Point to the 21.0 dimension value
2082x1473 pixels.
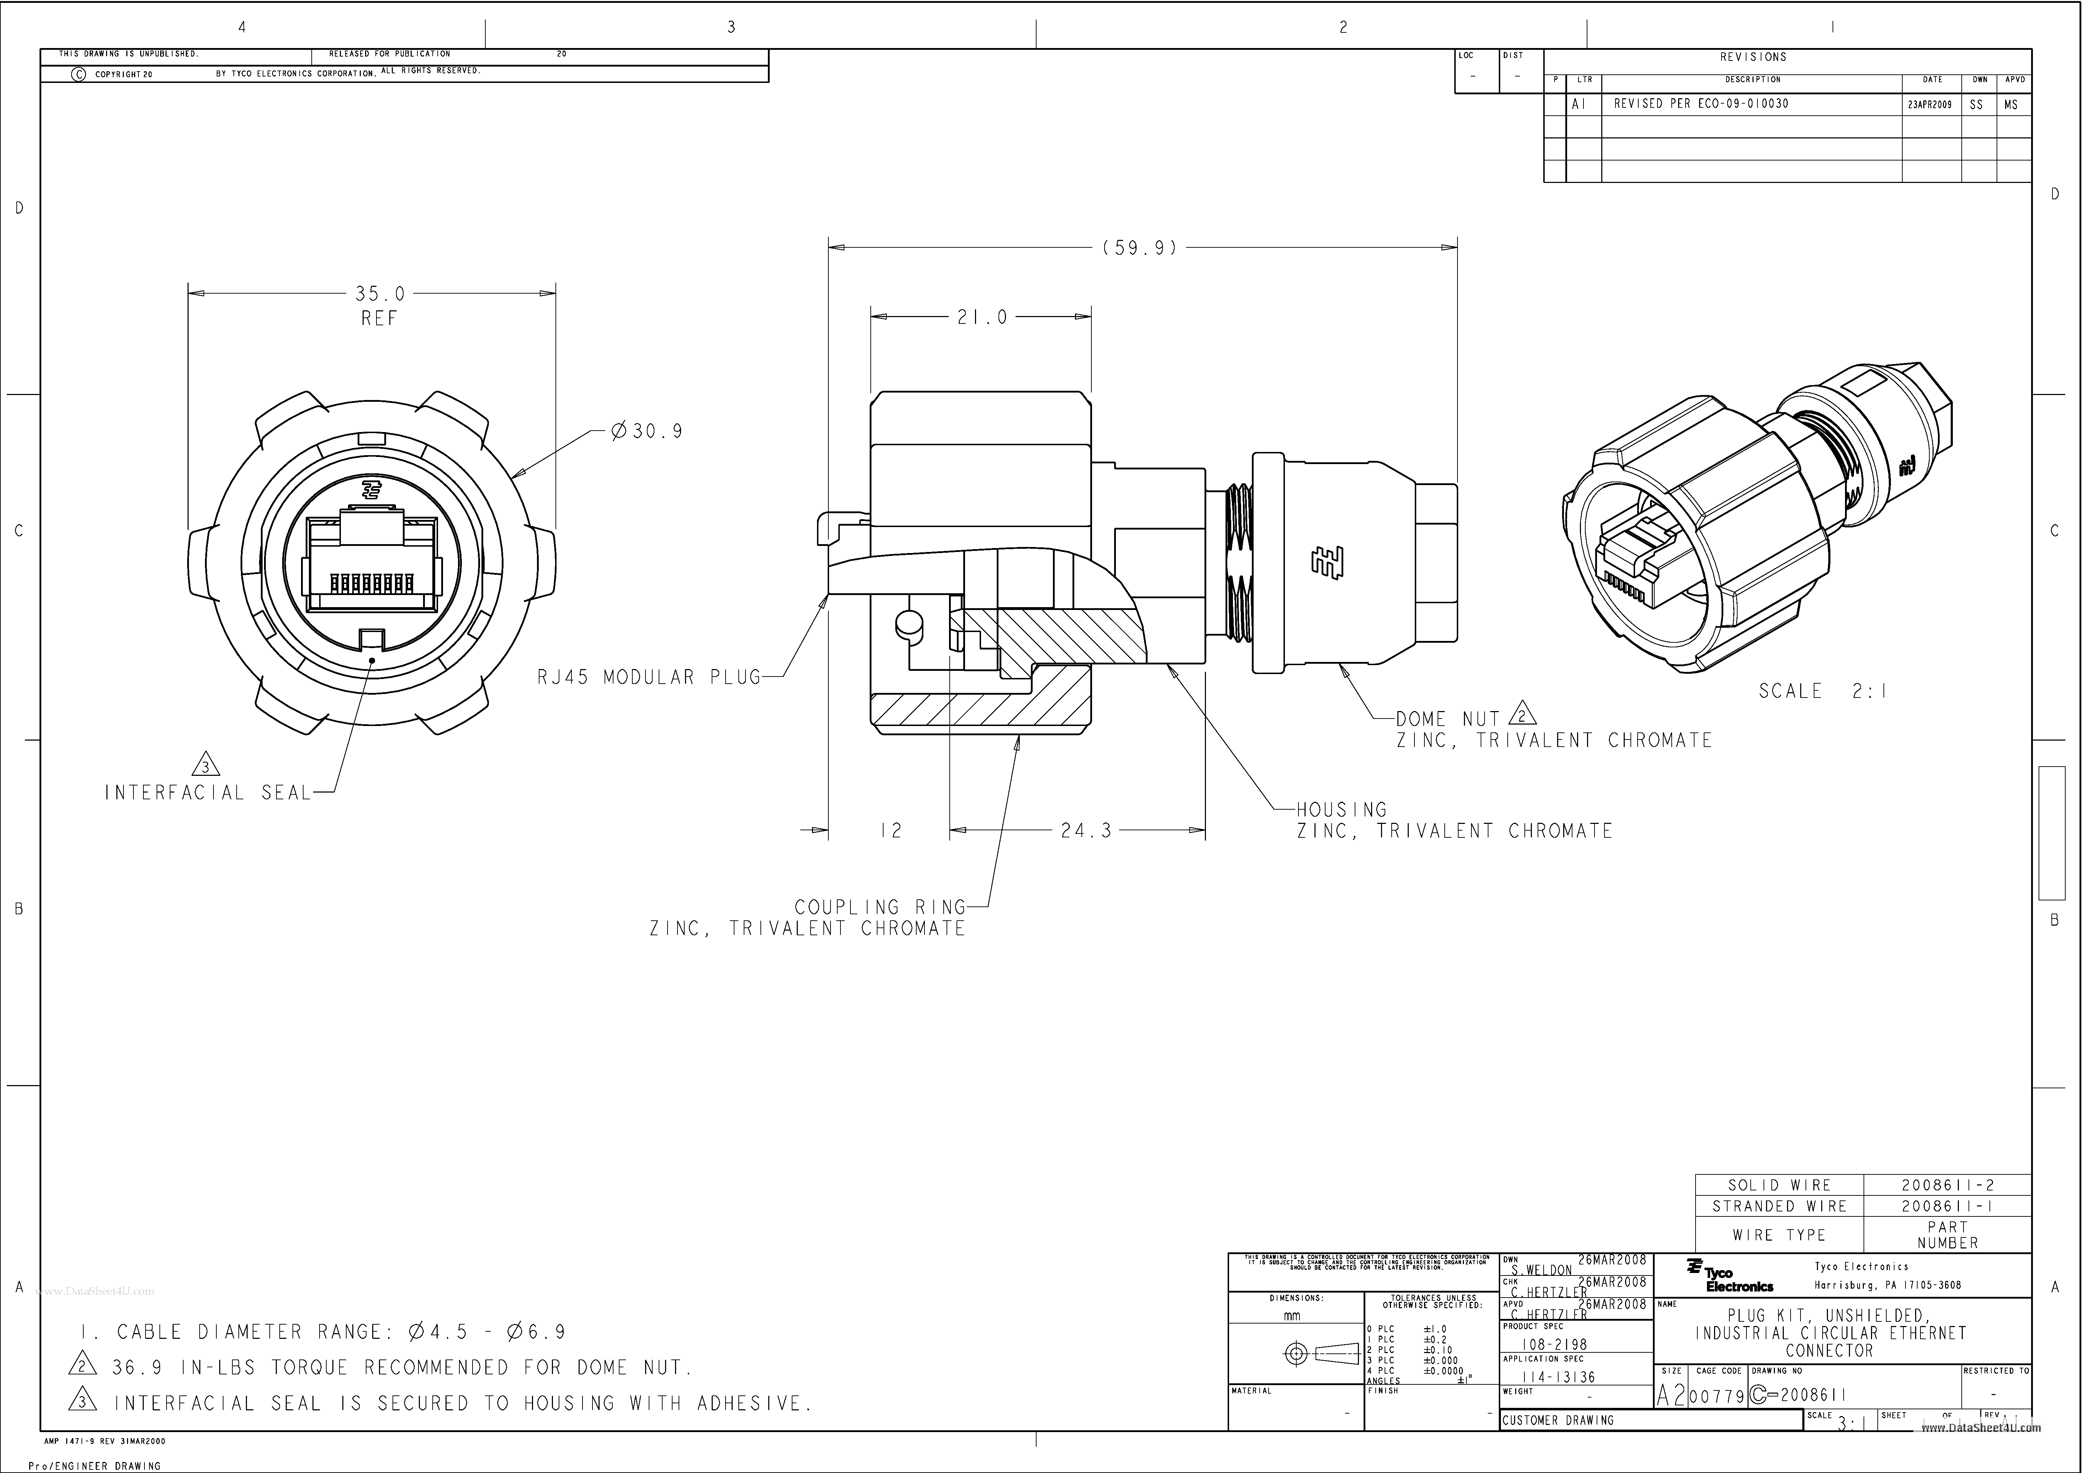982,317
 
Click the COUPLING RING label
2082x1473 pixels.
880,907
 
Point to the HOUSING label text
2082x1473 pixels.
1341,809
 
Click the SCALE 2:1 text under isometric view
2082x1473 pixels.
1823,691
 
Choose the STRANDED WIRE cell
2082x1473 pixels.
1779,1206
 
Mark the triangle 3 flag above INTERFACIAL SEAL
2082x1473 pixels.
207,767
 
